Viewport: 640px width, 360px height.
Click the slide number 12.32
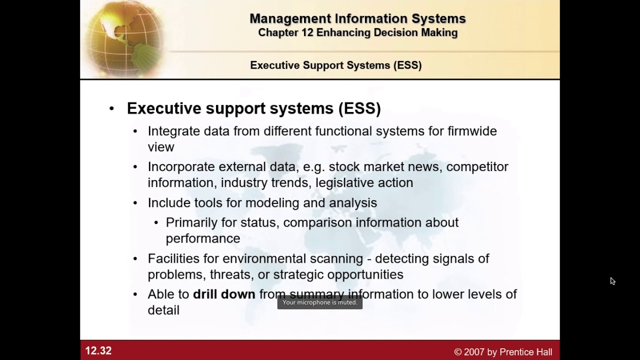(98, 351)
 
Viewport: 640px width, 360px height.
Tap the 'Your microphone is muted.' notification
(320, 302)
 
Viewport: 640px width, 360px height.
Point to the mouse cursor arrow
(612, 281)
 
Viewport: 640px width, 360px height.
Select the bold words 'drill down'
(224, 294)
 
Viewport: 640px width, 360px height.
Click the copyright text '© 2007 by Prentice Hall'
(503, 352)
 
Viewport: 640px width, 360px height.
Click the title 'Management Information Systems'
(357, 18)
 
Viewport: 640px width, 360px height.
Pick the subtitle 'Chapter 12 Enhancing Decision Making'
(357, 32)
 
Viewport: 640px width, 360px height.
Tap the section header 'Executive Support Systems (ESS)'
(335, 65)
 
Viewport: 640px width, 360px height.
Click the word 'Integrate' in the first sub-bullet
(174, 131)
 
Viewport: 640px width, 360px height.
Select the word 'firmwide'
(472, 131)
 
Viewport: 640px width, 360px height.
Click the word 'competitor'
(477, 166)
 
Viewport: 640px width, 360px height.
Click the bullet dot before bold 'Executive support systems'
(111, 109)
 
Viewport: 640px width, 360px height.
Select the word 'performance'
(203, 238)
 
